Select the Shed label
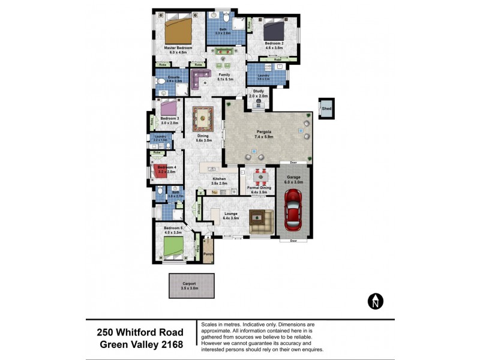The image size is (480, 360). pos(326,109)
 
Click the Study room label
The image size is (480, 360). pos(258,91)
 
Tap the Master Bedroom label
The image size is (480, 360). pos(178,47)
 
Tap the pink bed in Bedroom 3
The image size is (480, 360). pos(169,108)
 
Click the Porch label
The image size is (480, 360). pos(208,253)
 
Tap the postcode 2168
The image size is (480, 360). pos(170,344)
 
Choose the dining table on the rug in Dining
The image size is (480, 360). pos(203,117)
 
